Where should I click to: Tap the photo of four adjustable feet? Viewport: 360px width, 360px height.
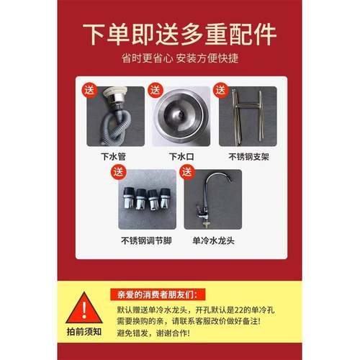coord(147,198)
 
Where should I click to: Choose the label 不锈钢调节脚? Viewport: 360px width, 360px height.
coord(147,240)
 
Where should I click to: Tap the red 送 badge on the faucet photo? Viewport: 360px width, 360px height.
coord(186,171)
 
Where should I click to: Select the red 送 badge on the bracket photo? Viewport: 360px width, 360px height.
coord(220,90)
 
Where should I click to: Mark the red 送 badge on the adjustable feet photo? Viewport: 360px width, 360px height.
coord(117,171)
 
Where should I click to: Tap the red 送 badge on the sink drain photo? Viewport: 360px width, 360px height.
coord(154,90)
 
